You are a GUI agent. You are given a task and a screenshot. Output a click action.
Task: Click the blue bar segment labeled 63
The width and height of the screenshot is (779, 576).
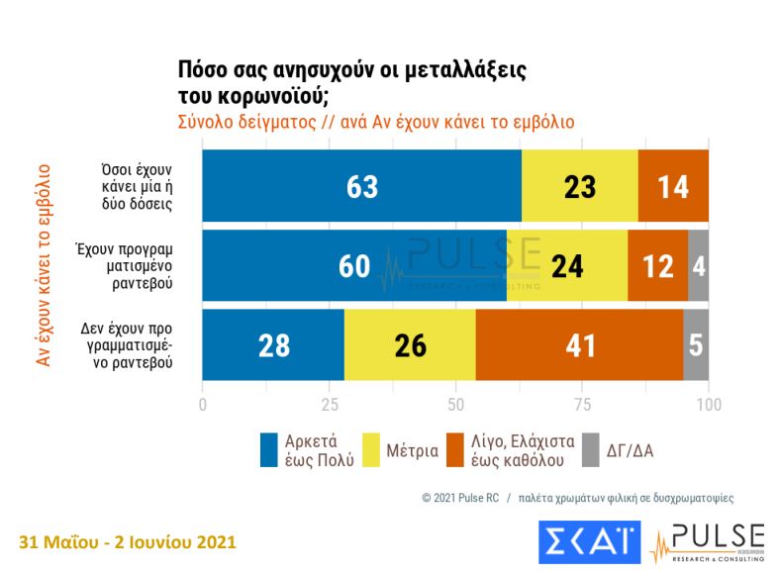(x=362, y=186)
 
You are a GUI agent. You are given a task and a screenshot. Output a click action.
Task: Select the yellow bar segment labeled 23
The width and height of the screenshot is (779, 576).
(x=580, y=186)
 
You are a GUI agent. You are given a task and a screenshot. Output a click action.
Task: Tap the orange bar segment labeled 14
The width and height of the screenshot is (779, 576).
(x=673, y=186)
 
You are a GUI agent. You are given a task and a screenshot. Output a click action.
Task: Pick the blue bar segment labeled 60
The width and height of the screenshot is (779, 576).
(x=354, y=266)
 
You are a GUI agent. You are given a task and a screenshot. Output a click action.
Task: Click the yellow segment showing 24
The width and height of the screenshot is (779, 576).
(x=567, y=266)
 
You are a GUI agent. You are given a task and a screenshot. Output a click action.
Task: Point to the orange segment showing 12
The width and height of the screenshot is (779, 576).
(x=657, y=266)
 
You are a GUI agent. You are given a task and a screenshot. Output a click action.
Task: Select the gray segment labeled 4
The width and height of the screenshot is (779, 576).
(x=699, y=266)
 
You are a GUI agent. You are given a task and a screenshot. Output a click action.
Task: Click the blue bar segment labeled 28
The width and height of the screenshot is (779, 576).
(x=273, y=345)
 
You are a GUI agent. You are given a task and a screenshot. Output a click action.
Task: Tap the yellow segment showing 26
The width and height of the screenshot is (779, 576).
(x=410, y=345)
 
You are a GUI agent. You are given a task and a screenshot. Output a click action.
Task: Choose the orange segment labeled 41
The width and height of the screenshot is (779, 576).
(x=579, y=345)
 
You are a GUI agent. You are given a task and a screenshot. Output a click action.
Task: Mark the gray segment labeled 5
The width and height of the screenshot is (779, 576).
(x=696, y=345)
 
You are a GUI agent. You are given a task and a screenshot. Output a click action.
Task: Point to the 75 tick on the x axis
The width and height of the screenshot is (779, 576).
(x=582, y=404)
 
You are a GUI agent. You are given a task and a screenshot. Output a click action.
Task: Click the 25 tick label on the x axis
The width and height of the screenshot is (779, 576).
(x=330, y=404)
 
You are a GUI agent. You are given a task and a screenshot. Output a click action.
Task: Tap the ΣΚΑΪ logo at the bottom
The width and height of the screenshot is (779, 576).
(x=590, y=541)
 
